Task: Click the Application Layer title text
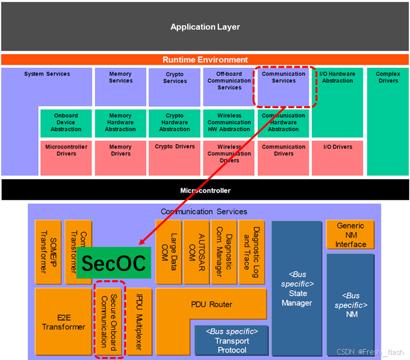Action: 205,27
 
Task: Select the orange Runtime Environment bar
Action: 205,60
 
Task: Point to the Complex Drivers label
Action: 388,77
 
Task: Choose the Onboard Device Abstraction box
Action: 66,123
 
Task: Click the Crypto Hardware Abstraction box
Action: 175,123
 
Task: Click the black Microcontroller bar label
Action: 205,190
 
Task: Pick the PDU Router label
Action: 212,304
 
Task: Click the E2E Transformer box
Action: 63,322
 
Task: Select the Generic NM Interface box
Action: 350,235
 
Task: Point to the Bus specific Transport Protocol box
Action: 232,341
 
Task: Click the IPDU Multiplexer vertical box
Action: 140,319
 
